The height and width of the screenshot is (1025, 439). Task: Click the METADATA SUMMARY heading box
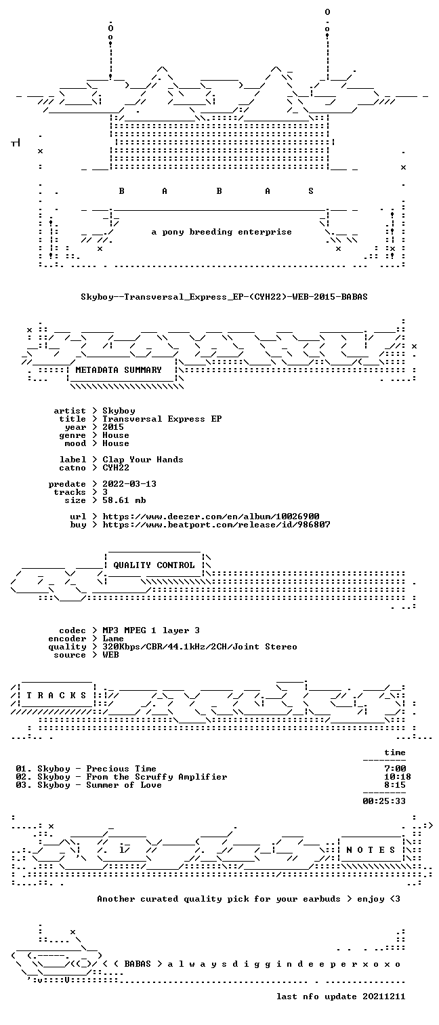click(122, 370)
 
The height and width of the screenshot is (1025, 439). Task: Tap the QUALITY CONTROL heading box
click(154, 565)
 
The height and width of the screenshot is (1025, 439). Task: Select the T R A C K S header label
click(56, 696)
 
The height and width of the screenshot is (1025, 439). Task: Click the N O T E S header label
click(371, 850)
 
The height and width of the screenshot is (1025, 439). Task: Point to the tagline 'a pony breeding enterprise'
click(222, 232)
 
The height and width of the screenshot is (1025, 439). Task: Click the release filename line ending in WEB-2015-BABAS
click(224, 297)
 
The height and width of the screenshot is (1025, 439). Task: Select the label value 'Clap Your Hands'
click(143, 460)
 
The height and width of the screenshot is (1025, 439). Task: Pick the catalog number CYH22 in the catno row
click(116, 468)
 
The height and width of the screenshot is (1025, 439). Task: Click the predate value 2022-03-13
click(129, 484)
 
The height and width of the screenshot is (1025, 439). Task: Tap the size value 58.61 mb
click(124, 500)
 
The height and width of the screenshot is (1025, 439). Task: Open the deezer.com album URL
click(211, 517)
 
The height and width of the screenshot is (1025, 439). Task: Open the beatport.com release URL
click(216, 525)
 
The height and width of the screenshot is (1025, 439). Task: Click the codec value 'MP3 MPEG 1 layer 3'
click(151, 630)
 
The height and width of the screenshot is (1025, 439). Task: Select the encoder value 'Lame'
click(113, 639)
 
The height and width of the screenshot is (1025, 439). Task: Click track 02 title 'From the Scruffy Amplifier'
click(156, 777)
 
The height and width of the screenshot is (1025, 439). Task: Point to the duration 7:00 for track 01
click(395, 769)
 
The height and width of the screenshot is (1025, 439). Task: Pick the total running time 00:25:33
click(384, 801)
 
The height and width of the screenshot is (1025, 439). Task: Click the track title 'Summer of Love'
click(124, 785)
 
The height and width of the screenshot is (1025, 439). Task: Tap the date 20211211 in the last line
click(384, 997)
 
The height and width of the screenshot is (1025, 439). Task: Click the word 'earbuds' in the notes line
click(322, 899)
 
